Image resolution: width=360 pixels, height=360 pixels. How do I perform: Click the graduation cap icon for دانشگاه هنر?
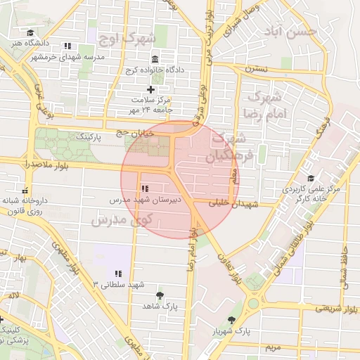30,33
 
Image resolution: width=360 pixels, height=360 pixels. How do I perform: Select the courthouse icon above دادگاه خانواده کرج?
154,58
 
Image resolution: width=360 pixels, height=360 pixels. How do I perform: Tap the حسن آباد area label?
292,32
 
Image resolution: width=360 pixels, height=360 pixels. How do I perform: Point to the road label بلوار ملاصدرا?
27,163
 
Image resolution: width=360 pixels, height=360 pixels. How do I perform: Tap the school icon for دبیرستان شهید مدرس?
145,188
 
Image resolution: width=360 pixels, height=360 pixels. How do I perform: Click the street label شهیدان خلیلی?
236,204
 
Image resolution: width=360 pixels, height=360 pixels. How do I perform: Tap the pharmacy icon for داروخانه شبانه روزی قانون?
26,190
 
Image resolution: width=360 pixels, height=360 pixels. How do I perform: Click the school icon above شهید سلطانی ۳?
118,273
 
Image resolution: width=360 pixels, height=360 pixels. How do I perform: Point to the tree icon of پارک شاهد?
160,295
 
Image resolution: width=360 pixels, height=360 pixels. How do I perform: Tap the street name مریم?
274,347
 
